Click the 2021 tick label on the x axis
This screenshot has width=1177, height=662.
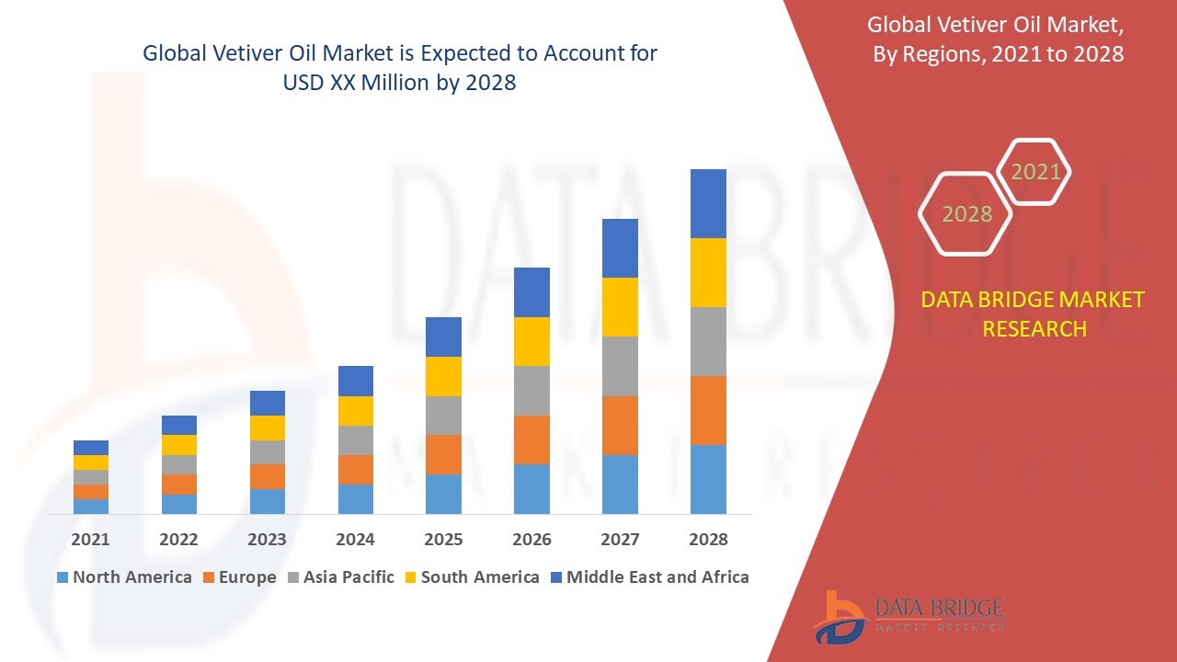(90, 540)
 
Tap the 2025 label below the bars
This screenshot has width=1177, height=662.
(443, 540)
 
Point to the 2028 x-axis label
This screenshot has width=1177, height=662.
(708, 540)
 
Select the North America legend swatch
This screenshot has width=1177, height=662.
(63, 577)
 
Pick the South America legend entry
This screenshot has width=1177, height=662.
(471, 577)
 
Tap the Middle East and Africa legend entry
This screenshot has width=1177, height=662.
(649, 577)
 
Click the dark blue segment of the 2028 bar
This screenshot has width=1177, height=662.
(708, 203)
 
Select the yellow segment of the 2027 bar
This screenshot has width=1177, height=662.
(620, 307)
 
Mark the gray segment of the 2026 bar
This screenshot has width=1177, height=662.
(531, 391)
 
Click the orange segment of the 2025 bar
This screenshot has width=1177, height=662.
(443, 454)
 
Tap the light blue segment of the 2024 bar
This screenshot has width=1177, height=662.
(355, 498)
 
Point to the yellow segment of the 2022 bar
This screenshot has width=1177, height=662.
(178, 445)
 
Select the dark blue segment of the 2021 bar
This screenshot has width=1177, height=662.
(90, 448)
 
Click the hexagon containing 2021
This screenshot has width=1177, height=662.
(1034, 172)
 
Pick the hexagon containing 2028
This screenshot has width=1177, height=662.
(966, 213)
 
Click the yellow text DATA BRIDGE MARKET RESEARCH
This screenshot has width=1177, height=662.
(1034, 314)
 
